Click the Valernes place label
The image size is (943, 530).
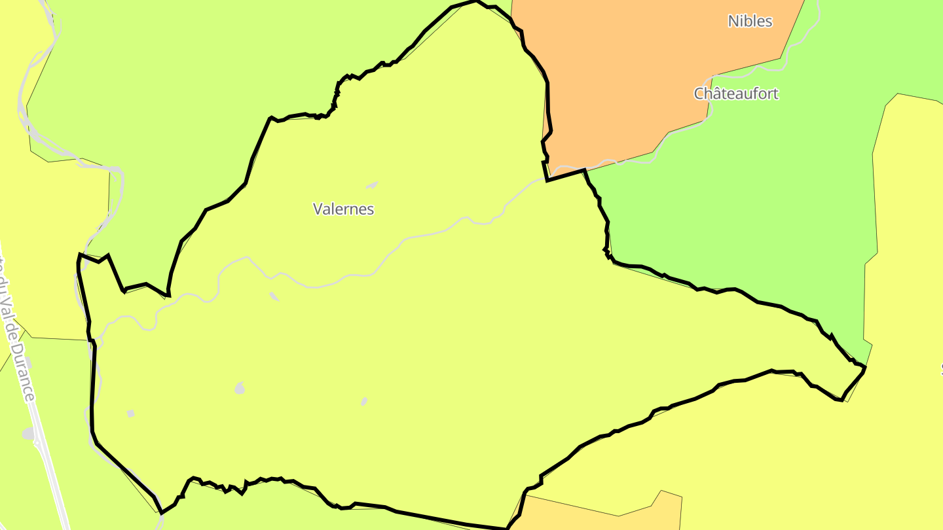pos(343,209)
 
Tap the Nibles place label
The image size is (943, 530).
pos(750,21)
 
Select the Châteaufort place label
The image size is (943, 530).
pos(736,94)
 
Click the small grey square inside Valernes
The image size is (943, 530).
pos(130,413)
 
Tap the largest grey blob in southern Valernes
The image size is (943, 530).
pos(240,389)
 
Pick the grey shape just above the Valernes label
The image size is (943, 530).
pos(372,185)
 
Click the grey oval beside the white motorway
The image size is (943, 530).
pos(28,433)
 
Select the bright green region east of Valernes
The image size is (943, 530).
pos(753,196)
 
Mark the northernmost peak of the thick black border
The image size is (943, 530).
pos(475,1)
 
